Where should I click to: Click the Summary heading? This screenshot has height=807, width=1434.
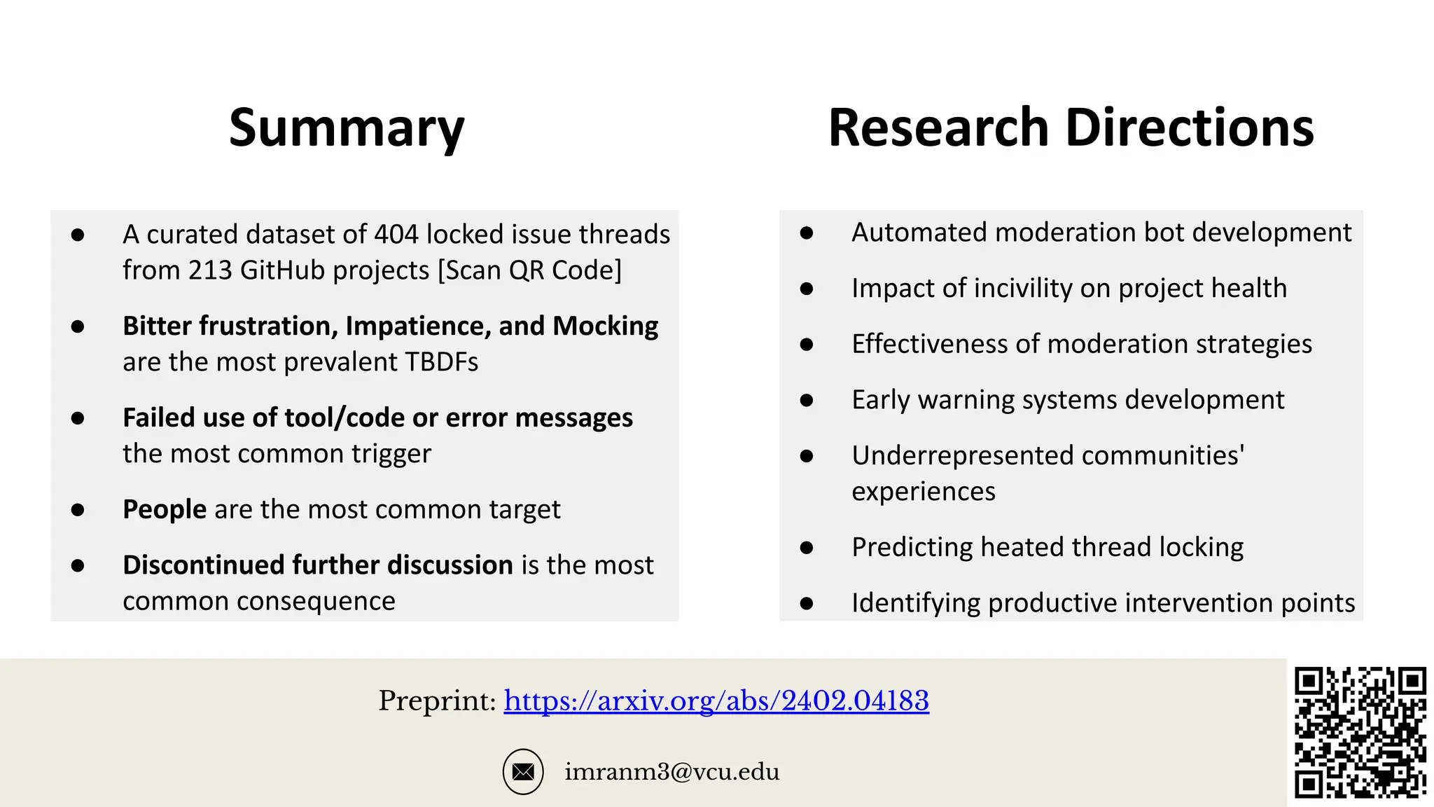click(x=347, y=128)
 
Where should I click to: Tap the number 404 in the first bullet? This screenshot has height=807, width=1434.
click(x=396, y=235)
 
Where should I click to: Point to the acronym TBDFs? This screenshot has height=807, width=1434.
click(x=441, y=362)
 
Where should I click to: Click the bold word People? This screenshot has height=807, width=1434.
click(x=165, y=509)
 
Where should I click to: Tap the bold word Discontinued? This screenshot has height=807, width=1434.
click(x=203, y=565)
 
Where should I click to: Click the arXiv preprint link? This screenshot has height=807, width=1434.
click(x=716, y=701)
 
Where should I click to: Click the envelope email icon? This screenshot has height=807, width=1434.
click(x=523, y=772)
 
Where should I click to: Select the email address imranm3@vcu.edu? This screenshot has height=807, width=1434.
click(x=671, y=772)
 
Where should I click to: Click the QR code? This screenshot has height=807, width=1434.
click(x=1360, y=733)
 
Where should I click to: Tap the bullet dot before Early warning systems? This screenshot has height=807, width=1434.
click(x=807, y=400)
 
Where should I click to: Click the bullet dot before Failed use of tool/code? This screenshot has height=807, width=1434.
click(x=78, y=418)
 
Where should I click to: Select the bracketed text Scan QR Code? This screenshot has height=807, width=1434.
click(x=530, y=270)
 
